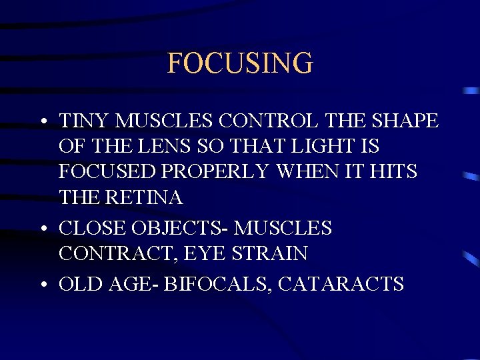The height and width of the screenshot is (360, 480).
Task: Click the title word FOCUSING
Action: click(x=239, y=63)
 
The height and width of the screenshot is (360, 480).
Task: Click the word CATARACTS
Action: click(x=341, y=284)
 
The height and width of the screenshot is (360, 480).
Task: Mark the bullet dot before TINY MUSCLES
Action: click(x=43, y=123)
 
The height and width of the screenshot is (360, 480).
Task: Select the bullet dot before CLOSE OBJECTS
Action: click(x=43, y=229)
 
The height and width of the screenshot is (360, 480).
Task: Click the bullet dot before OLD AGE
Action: click(x=43, y=285)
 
